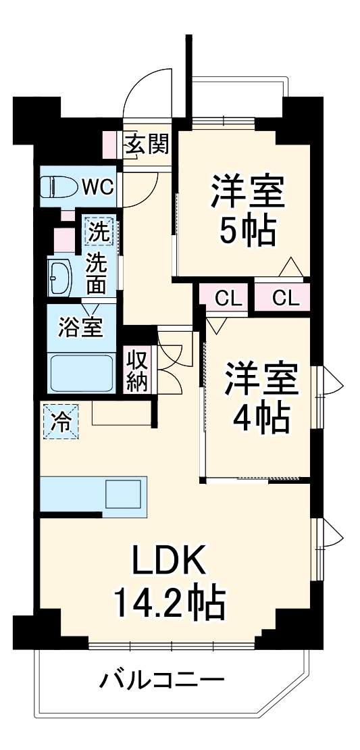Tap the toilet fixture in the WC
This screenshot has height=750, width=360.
56,186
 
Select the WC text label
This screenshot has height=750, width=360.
98,186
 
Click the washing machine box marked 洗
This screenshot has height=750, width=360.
99,232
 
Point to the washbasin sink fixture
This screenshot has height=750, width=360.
60,278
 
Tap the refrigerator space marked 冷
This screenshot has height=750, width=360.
59,421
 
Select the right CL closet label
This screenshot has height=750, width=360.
284,298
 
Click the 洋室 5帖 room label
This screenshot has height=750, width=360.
247,209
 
